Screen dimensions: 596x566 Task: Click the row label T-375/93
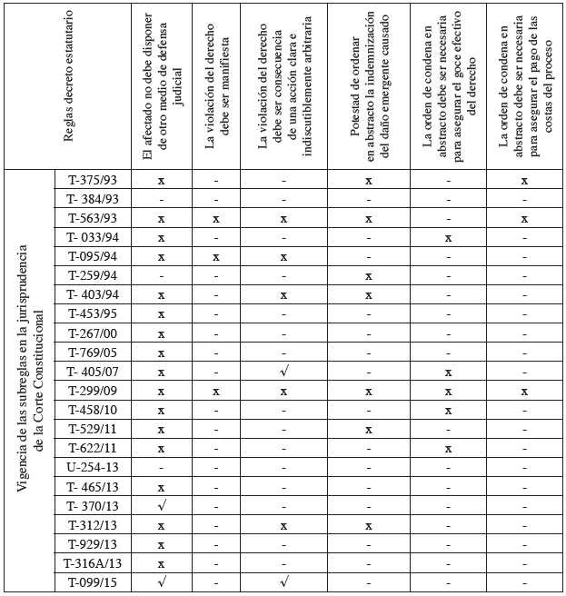pos(93,181)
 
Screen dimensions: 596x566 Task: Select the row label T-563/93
pos(93,219)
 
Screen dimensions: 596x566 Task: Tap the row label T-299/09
pos(93,391)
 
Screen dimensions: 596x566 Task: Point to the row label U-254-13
pos(93,467)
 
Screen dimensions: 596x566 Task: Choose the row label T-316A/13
pos(93,562)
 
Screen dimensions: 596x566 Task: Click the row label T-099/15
pos(93,581)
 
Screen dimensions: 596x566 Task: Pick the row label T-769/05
pos(93,353)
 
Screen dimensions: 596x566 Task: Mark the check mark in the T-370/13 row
pos(162,505)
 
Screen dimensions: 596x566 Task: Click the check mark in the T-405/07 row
pos(284,371)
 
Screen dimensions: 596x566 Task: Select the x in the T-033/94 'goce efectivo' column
pos(448,238)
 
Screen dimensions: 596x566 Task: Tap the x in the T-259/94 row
pos(368,276)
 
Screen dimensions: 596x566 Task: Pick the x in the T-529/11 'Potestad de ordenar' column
pos(368,429)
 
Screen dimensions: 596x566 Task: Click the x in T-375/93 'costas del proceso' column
pos(524,181)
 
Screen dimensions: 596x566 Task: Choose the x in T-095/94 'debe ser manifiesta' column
pos(216,257)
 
